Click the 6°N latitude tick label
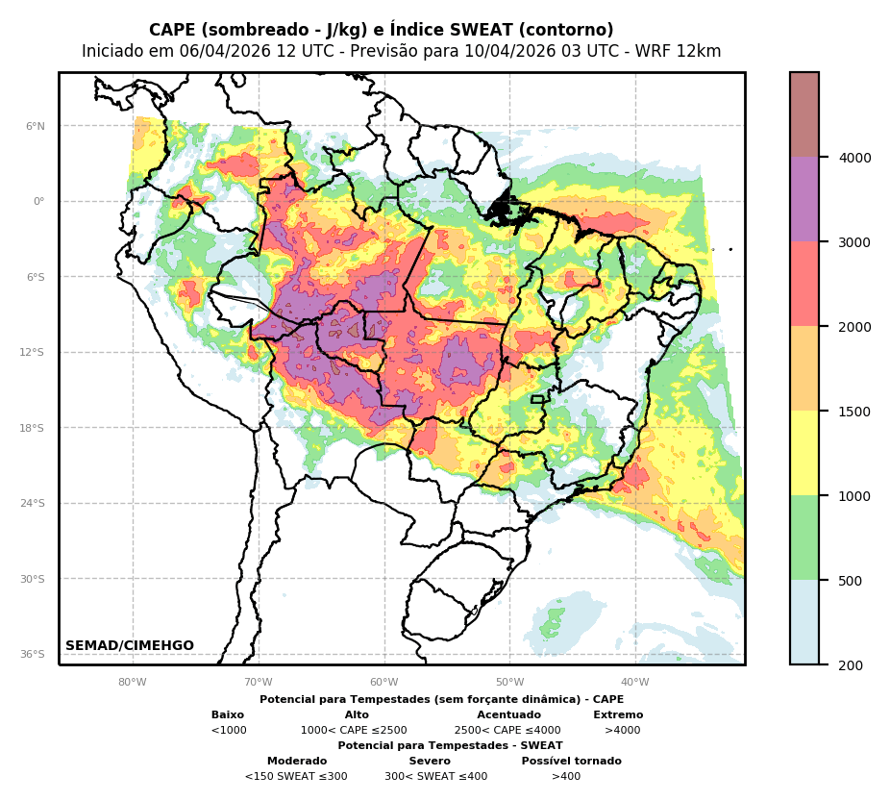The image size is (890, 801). [35, 126]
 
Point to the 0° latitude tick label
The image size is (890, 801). [39, 202]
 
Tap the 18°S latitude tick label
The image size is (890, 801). [32, 428]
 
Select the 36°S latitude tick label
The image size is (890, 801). [32, 654]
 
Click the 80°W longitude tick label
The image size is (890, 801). [133, 683]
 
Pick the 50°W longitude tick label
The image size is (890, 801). [509, 683]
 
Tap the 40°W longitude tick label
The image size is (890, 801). [635, 683]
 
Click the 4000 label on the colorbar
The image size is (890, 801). [855, 158]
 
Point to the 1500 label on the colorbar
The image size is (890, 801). [855, 412]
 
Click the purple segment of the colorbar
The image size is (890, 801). [804, 200]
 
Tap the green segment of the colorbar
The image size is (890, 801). [804, 538]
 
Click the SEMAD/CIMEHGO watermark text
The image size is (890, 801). [130, 646]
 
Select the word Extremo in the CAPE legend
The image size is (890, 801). [618, 715]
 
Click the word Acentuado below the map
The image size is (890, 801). [508, 715]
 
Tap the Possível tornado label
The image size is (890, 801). [571, 762]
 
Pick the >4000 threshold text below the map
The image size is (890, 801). [622, 731]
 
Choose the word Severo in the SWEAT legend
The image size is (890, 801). [430, 762]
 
